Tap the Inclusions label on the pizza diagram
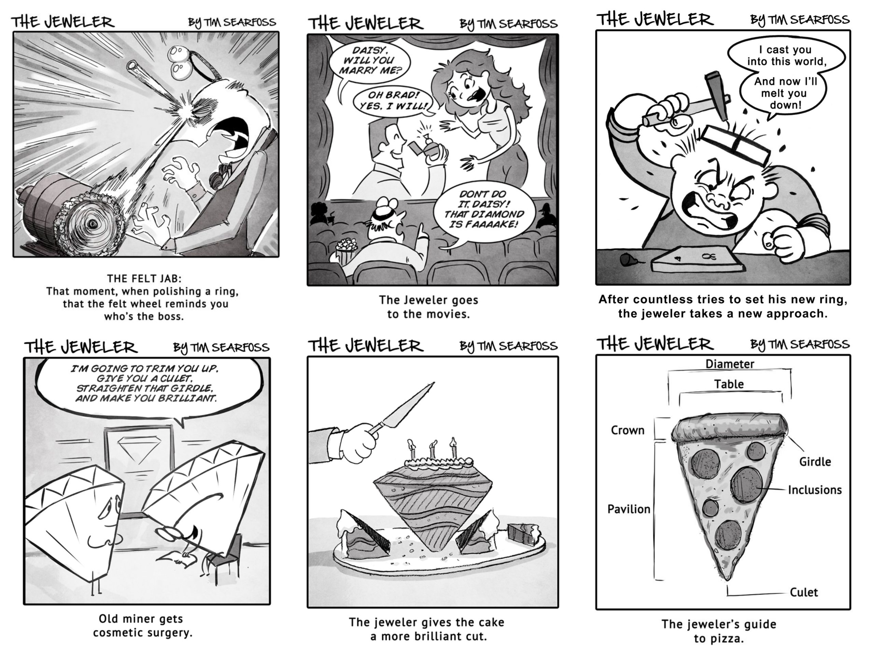[x=815, y=490]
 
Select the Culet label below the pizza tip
[x=804, y=592]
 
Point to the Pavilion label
[x=629, y=509]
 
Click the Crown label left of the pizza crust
[x=628, y=430]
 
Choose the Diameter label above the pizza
[x=730, y=364]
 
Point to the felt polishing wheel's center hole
[x=93, y=224]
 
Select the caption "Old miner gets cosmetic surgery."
[x=142, y=626]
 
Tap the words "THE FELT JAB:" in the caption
[x=144, y=278]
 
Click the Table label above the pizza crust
[x=729, y=384]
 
